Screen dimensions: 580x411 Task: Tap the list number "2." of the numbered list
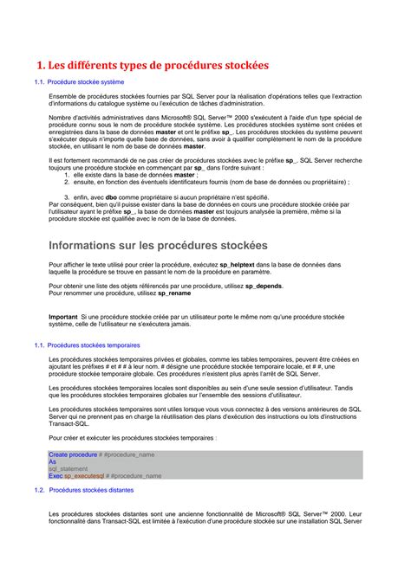tap(68, 183)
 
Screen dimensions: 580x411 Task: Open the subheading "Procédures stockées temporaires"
tap(93, 345)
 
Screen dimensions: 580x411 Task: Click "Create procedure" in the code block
tap(73, 454)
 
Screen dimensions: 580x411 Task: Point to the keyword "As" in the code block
tap(52, 461)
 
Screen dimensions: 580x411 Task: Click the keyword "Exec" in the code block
tap(55, 475)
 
